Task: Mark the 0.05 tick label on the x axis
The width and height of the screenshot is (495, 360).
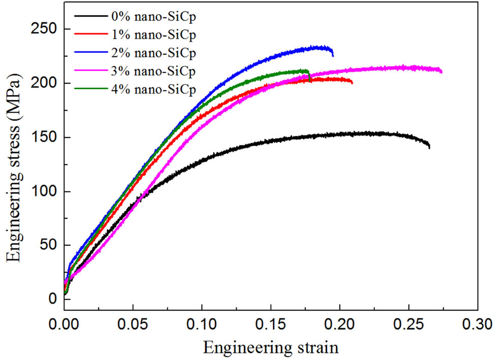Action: [133, 323]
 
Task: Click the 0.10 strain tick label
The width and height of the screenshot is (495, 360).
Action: [202, 323]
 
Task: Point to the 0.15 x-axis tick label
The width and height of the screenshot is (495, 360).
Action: [271, 323]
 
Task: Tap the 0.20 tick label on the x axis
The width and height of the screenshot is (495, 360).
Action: [340, 323]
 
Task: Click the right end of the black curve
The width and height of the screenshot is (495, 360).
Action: [430, 147]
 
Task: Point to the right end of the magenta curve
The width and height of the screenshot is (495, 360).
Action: [442, 72]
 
